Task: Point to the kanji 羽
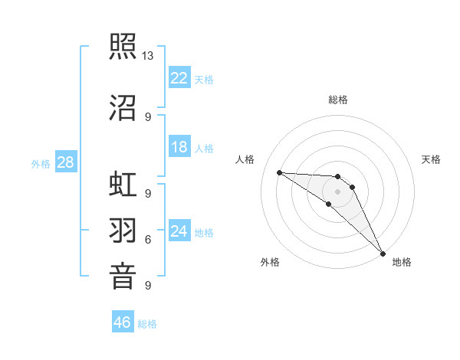123,229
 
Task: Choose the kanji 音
123,273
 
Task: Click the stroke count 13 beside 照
148,56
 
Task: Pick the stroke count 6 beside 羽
148,240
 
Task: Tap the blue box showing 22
179,77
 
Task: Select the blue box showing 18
179,147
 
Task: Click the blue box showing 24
179,231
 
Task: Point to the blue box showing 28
65,162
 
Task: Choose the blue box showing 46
123,322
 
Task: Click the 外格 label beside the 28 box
41,163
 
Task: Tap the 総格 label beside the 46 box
147,324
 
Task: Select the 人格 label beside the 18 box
204,149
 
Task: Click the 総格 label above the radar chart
338,100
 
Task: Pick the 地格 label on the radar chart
402,263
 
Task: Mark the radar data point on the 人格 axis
279,172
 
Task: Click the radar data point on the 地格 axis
382,254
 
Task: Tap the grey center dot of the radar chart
338,191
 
